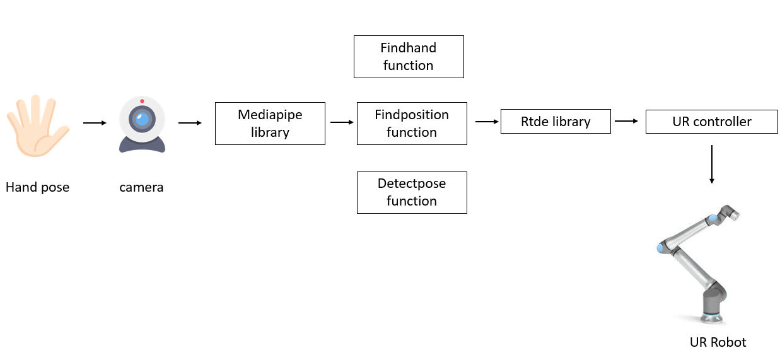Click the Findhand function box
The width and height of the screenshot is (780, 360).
[x=409, y=57]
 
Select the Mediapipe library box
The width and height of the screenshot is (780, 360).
[x=270, y=124]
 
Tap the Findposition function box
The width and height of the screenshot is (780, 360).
[x=412, y=124]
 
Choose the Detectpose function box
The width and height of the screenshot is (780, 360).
[x=412, y=192]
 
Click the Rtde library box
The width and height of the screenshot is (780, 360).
[x=556, y=122]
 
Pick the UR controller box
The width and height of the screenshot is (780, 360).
[x=711, y=122]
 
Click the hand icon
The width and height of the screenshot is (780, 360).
[x=36, y=126]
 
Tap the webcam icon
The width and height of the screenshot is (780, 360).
[x=142, y=124]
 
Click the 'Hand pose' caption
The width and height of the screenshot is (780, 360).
[x=37, y=187]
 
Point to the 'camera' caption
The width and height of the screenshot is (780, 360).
[x=141, y=187]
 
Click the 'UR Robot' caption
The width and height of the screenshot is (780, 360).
[x=718, y=342]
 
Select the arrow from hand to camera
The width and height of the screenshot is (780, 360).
[x=95, y=124]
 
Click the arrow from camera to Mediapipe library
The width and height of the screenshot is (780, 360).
[x=190, y=124]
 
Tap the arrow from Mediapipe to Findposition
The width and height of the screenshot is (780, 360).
[x=342, y=123]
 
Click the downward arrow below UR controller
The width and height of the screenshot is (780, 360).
[x=712, y=165]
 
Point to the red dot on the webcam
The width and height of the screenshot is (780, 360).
[x=142, y=101]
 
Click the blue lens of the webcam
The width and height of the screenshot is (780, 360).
[x=143, y=118]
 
